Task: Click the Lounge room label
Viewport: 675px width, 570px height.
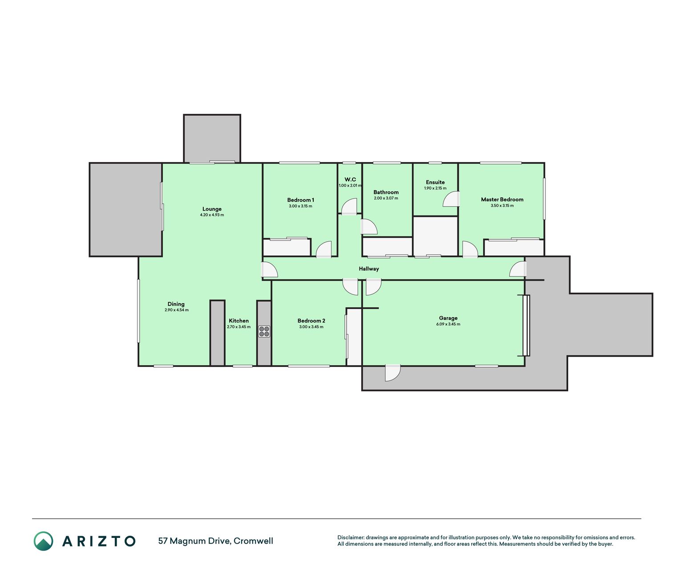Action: (x=212, y=209)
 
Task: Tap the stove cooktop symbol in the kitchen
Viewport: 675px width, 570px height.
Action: (x=264, y=332)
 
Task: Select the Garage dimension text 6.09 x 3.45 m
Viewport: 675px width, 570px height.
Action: (x=448, y=324)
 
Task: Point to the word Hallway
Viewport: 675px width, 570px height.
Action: (x=368, y=269)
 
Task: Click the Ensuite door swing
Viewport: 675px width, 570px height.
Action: (x=451, y=199)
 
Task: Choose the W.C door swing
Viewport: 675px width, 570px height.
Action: (x=349, y=207)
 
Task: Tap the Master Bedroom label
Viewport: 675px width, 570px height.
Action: (x=502, y=199)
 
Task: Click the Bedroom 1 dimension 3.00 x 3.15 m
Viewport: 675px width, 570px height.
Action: (x=300, y=206)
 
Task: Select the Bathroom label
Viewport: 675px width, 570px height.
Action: (x=386, y=192)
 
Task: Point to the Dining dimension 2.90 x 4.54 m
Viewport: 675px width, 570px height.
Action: (x=177, y=310)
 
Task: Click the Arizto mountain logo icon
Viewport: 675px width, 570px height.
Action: (x=43, y=541)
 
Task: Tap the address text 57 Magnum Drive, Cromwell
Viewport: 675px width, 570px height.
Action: (x=216, y=541)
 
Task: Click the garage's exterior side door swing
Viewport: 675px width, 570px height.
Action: (x=392, y=373)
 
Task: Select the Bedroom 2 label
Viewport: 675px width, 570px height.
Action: (x=311, y=321)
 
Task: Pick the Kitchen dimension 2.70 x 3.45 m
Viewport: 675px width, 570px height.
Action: (x=238, y=327)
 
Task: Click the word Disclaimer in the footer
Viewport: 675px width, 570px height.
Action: (x=351, y=537)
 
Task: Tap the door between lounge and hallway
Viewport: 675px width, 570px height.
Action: (x=269, y=269)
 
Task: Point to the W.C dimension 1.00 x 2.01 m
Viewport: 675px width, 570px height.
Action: (x=350, y=186)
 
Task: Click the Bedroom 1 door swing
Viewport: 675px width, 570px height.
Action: (x=323, y=249)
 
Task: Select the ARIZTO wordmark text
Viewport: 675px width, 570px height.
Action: (x=99, y=541)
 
